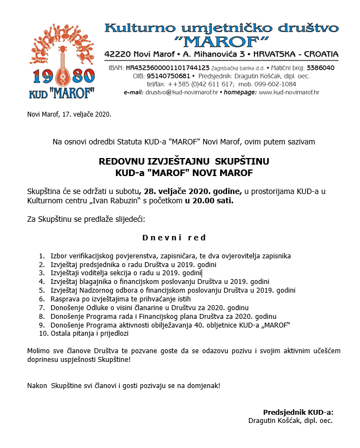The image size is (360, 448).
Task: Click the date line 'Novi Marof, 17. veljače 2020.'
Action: [x=69, y=114]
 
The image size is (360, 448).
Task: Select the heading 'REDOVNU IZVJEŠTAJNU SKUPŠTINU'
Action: [x=184, y=162]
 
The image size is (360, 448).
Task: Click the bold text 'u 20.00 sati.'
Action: [x=209, y=201]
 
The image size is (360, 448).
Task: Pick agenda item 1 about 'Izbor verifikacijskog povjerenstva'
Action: [x=170, y=256]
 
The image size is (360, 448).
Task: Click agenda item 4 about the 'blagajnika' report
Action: [x=160, y=282]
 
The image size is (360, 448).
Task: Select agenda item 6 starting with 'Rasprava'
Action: [x=120, y=299]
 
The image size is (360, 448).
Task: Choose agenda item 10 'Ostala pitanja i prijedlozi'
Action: [x=89, y=334]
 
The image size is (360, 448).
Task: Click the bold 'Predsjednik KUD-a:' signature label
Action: [x=298, y=412]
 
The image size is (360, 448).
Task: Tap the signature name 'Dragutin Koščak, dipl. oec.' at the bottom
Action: [x=290, y=421]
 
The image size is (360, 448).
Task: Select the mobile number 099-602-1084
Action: [x=277, y=84]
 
